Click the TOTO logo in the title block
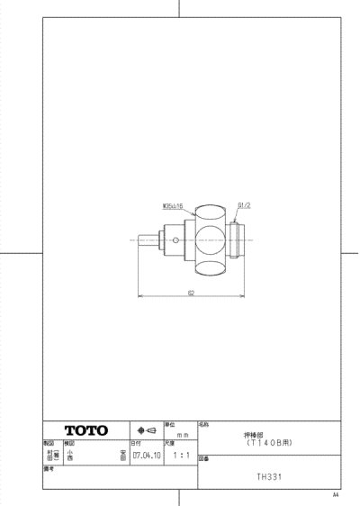point(85,430)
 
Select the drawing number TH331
point(269,477)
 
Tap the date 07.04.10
point(145,456)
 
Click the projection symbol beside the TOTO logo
point(146,430)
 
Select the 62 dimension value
point(191,292)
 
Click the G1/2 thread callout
point(242,205)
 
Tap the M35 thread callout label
point(173,205)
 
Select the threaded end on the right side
point(238,240)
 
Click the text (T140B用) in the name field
point(269,441)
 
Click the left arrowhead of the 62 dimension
point(139,296)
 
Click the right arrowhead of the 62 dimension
point(243,296)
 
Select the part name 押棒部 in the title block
point(269,433)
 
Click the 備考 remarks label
point(49,468)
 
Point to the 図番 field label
point(203,457)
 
